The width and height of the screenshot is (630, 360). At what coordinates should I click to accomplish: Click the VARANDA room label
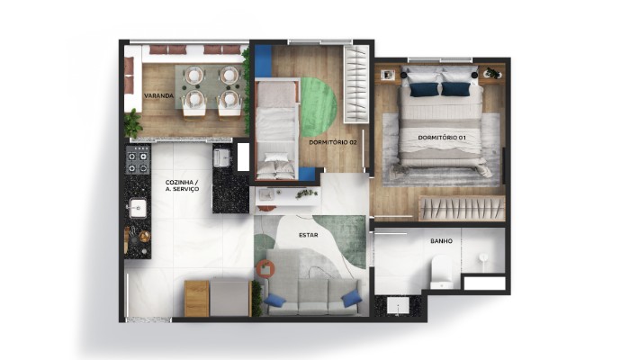158,96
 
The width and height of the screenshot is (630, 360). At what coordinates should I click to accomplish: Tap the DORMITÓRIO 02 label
333,142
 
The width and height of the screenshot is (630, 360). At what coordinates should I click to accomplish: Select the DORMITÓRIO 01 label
442,138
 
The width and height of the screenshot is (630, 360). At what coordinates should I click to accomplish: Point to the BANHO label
441,241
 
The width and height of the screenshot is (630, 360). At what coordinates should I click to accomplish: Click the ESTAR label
309,235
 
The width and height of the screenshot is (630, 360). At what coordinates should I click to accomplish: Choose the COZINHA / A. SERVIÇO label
182,185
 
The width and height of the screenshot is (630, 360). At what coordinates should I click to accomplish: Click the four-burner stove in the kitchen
138,159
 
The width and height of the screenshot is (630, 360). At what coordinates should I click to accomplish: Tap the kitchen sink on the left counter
138,208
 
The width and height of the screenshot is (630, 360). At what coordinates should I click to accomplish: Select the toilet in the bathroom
442,274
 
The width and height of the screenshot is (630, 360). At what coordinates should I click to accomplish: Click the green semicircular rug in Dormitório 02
318,107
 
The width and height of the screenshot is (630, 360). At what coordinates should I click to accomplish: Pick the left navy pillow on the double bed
424,89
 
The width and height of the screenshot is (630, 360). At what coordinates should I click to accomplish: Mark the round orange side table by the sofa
265,269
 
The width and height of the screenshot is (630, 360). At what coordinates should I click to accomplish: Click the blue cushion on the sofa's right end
352,299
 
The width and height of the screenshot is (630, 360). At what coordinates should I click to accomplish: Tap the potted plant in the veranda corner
132,123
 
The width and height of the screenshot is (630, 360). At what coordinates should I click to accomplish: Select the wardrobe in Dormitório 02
356,84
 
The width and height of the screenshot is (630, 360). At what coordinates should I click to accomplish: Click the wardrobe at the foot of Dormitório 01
462,209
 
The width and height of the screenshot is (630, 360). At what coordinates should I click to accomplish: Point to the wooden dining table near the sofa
197,298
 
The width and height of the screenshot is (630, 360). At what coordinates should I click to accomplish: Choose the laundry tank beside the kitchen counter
221,157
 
